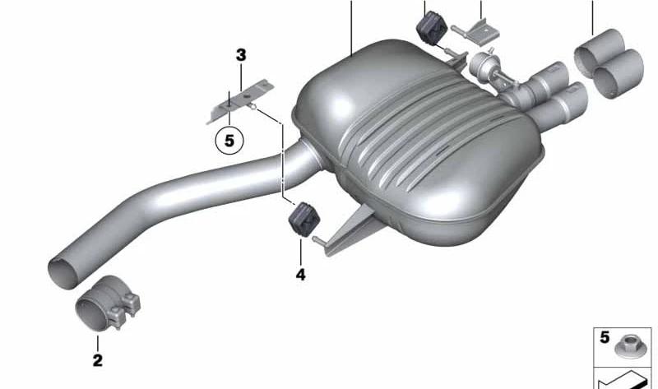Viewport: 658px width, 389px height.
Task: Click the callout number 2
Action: tap(97, 360)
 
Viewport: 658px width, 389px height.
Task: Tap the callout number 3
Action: tap(241, 55)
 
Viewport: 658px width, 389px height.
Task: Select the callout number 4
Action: tap(300, 275)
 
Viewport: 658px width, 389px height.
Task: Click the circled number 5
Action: tap(229, 141)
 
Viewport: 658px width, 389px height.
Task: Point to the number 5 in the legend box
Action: tap(605, 337)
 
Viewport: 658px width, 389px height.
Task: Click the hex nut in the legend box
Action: tap(628, 346)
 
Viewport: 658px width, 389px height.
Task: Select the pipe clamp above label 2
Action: tap(108, 303)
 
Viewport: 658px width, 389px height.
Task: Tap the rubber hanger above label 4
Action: tap(304, 220)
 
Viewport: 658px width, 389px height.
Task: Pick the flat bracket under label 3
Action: tap(240, 101)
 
